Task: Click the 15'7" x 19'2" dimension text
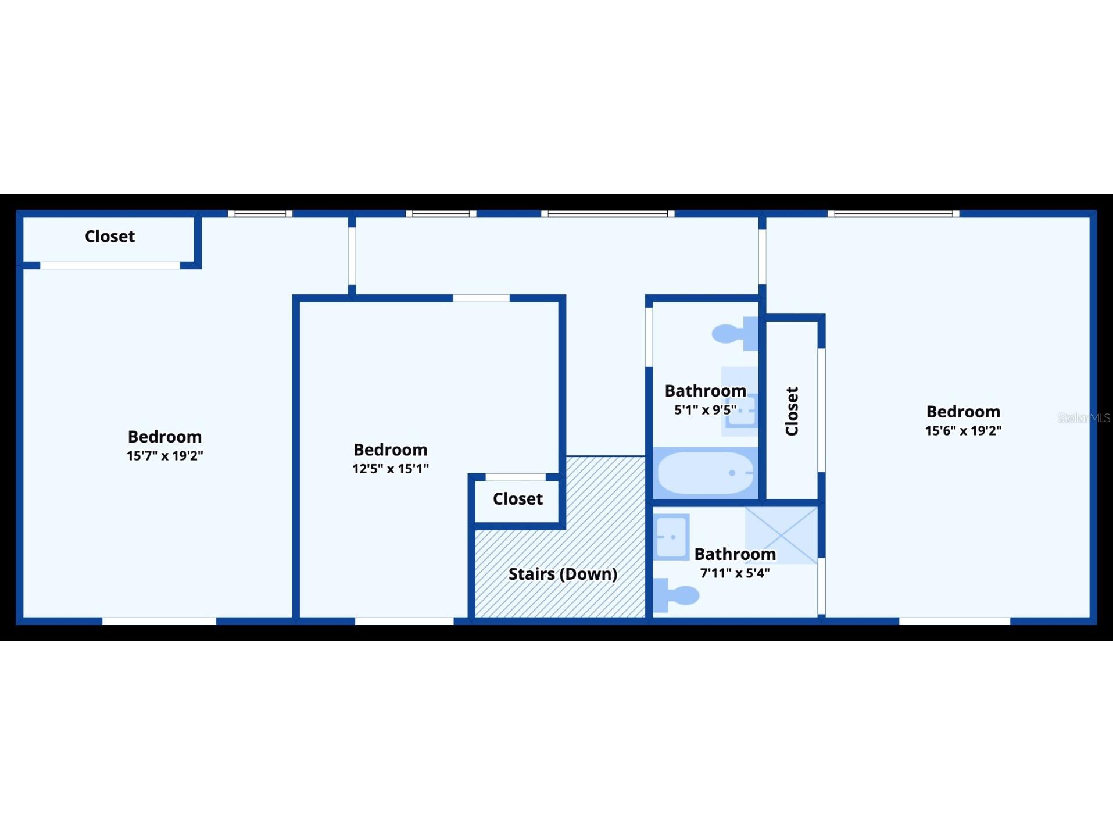(165, 456)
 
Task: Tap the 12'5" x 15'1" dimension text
(391, 469)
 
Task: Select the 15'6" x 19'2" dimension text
(964, 431)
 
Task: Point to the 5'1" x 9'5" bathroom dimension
(706, 410)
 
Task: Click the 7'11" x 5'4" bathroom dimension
(735, 573)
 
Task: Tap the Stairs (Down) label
(563, 574)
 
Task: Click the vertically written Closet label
(792, 411)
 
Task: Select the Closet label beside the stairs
(518, 499)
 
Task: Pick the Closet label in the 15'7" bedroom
(110, 236)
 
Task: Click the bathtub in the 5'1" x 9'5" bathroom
(706, 473)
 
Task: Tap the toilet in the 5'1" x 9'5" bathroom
(736, 334)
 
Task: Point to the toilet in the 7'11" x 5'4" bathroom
(676, 595)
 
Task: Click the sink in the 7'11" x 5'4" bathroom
(671, 537)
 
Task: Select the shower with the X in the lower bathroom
(781, 535)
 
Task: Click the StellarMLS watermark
(1084, 418)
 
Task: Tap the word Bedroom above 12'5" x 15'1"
(391, 449)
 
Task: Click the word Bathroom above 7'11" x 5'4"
(735, 554)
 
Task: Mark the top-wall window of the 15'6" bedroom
(893, 214)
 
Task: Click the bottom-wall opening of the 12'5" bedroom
(405, 621)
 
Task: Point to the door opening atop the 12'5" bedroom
(481, 298)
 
